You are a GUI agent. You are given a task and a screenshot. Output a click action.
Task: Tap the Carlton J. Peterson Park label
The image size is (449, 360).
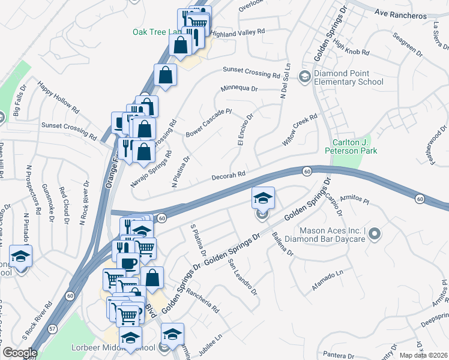coord(352,146)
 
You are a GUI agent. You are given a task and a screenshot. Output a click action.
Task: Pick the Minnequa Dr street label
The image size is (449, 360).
coord(238,88)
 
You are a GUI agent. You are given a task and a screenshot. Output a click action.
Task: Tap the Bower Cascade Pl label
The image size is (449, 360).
coord(208,122)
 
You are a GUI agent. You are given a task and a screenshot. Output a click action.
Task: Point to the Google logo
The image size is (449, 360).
coord(19,353)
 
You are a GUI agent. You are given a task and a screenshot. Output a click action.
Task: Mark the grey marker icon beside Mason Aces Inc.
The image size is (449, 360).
coord(375,233)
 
